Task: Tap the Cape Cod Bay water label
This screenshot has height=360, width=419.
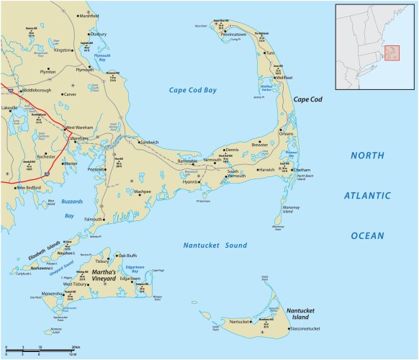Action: [192, 90]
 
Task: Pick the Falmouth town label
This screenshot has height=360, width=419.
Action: [94, 219]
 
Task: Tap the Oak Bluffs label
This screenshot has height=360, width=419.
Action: [127, 255]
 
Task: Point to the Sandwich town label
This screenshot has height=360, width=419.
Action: [149, 143]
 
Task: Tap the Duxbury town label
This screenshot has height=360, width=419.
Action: [98, 34]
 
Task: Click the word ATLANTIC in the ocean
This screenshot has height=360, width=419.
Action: [366, 195]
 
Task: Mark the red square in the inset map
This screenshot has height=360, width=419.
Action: [393, 53]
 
